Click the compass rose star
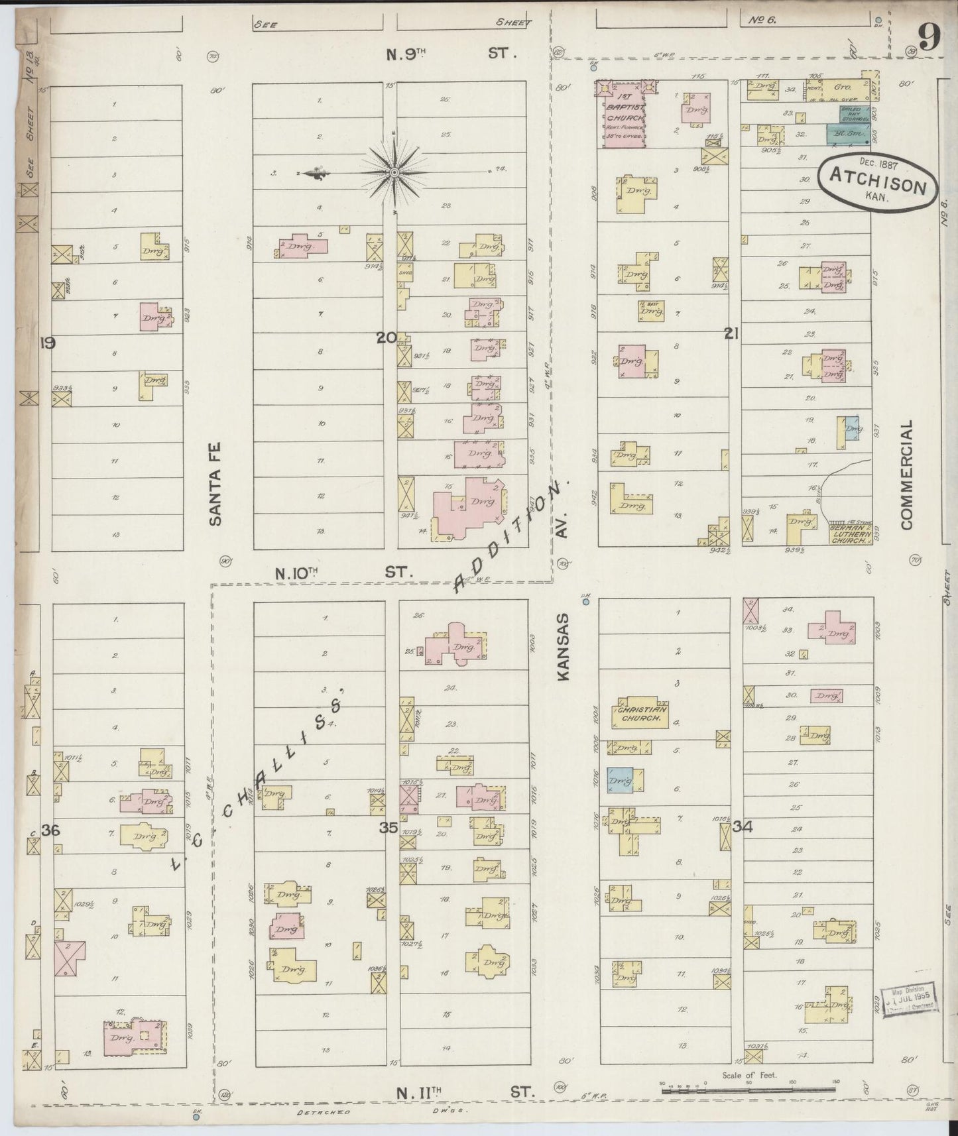(394, 172)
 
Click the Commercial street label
(907, 474)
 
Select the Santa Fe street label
(215, 483)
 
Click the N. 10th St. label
(343, 573)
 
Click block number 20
(386, 337)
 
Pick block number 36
(50, 829)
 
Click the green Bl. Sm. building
(847, 134)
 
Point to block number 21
(731, 335)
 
